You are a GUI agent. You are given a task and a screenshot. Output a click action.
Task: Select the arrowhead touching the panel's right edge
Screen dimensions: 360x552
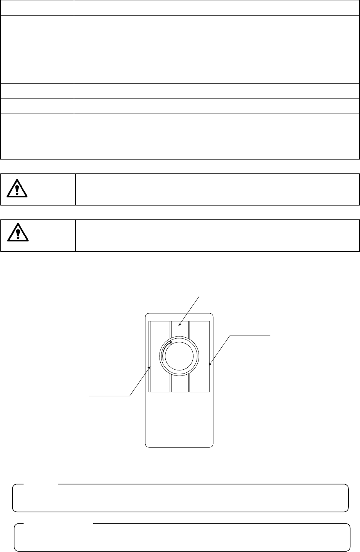pos(209,364)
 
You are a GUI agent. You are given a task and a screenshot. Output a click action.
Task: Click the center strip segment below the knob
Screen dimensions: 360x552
pos(180,384)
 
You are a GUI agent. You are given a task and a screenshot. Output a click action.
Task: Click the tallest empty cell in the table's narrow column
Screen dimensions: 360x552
pos(37,34)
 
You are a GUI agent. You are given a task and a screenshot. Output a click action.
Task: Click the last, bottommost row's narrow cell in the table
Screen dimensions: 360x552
pos(37,151)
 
